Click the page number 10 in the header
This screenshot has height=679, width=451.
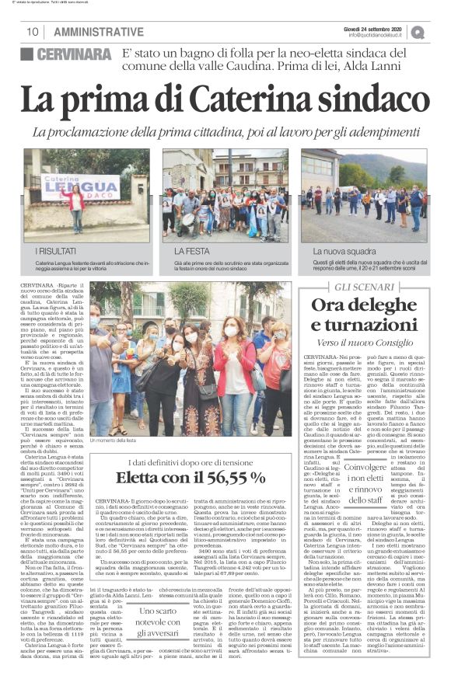pos(32,31)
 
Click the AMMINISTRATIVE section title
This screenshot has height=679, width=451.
pos(93,31)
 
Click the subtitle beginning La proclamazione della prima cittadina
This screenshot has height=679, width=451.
pos(226,133)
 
